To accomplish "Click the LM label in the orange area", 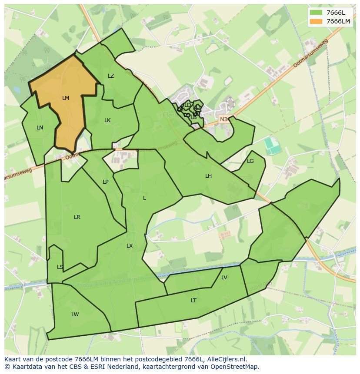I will (x=66, y=98).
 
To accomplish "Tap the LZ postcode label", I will (x=111, y=76).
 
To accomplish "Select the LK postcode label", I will (x=107, y=120).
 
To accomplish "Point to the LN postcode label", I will (x=40, y=128).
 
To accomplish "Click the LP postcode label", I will (x=105, y=182).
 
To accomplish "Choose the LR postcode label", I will (x=77, y=217).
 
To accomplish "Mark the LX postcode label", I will (x=130, y=246).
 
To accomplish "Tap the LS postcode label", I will (x=60, y=267).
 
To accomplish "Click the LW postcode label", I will (x=75, y=314).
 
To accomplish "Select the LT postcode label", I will (x=193, y=301).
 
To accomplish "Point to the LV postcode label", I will (x=224, y=278).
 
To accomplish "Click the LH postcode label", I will (x=209, y=176).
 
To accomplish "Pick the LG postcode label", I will (x=250, y=161).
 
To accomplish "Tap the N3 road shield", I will (x=223, y=119).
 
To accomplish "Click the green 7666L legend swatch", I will (x=317, y=13).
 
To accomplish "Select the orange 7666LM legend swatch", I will (x=317, y=21).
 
